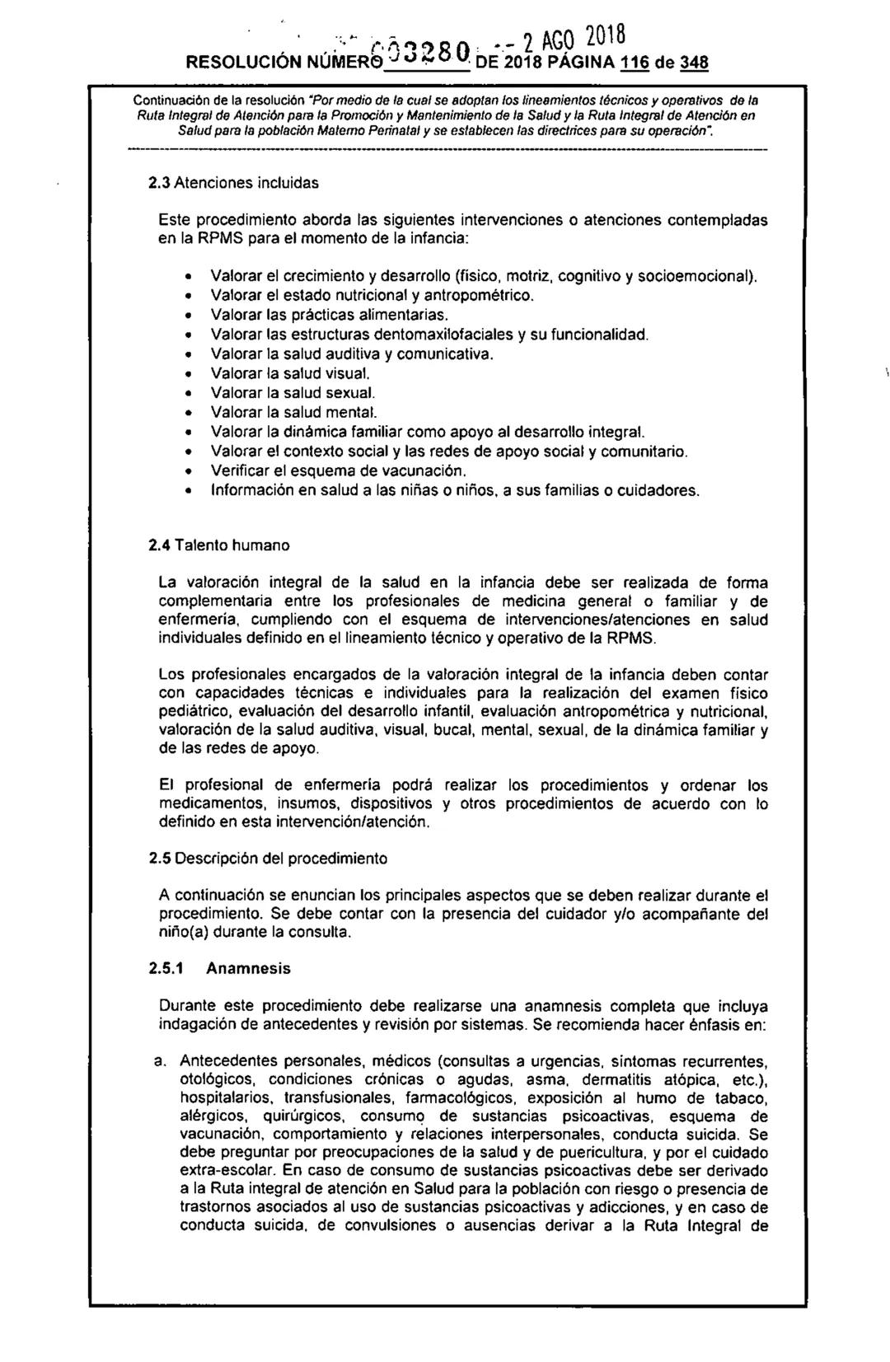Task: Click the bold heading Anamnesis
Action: pos(248,969)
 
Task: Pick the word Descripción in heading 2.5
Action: pos(213,859)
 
